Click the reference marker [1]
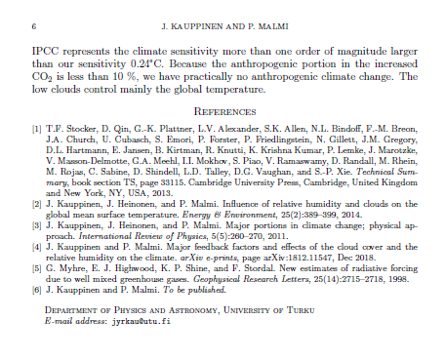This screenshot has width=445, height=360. click(36, 128)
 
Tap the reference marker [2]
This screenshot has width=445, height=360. click(36, 203)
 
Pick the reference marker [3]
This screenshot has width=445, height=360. click(36, 224)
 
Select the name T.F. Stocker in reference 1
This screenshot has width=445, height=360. click(68, 128)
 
